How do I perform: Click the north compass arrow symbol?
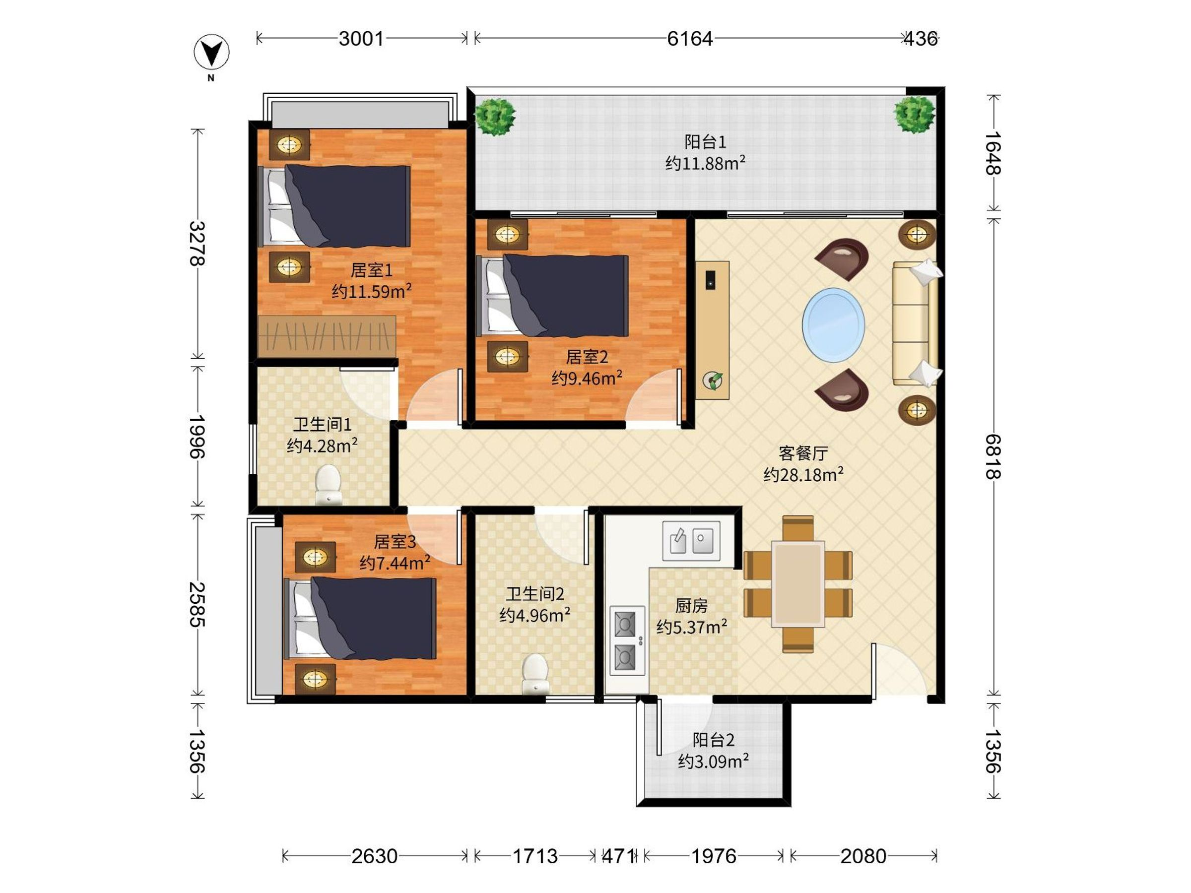211,53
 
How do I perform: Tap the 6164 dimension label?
690,39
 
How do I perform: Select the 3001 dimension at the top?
361,39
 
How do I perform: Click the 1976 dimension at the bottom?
714,856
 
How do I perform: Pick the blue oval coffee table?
834,325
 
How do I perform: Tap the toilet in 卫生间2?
535,672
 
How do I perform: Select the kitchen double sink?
691,540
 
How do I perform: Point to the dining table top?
798,584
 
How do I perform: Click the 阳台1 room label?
705,142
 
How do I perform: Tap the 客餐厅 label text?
803,453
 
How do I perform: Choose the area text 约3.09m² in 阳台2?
714,761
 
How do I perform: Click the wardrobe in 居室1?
327,336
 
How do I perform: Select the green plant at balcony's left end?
495,116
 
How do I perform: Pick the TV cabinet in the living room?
712,330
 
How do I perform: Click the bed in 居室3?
360,619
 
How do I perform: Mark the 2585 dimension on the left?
198,604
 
